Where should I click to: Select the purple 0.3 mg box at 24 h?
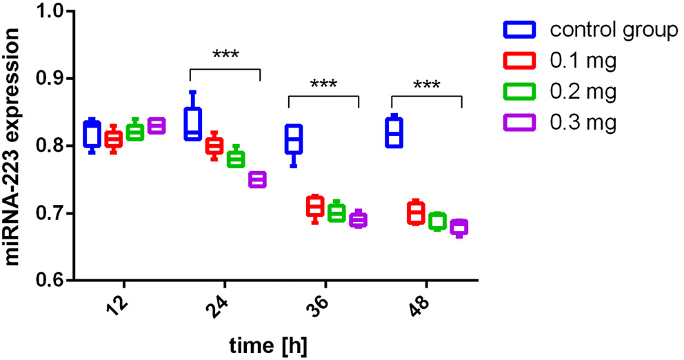[x=257, y=180]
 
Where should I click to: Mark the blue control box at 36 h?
[x=294, y=139]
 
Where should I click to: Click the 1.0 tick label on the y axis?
[x=49, y=12]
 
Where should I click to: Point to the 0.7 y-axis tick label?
[x=49, y=214]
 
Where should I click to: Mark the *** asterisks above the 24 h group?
[x=225, y=54]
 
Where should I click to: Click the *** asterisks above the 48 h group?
[x=427, y=85]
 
